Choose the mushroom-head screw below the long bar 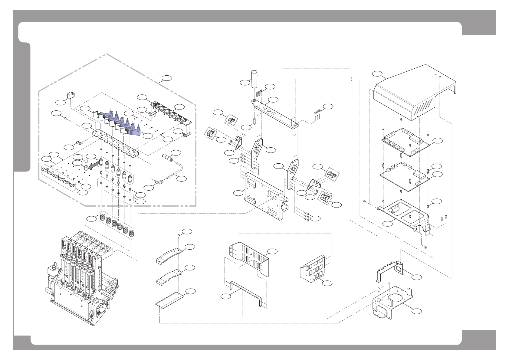(x=254, y=121)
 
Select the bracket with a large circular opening (x=391, y=303)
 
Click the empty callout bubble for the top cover (x=377, y=74)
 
